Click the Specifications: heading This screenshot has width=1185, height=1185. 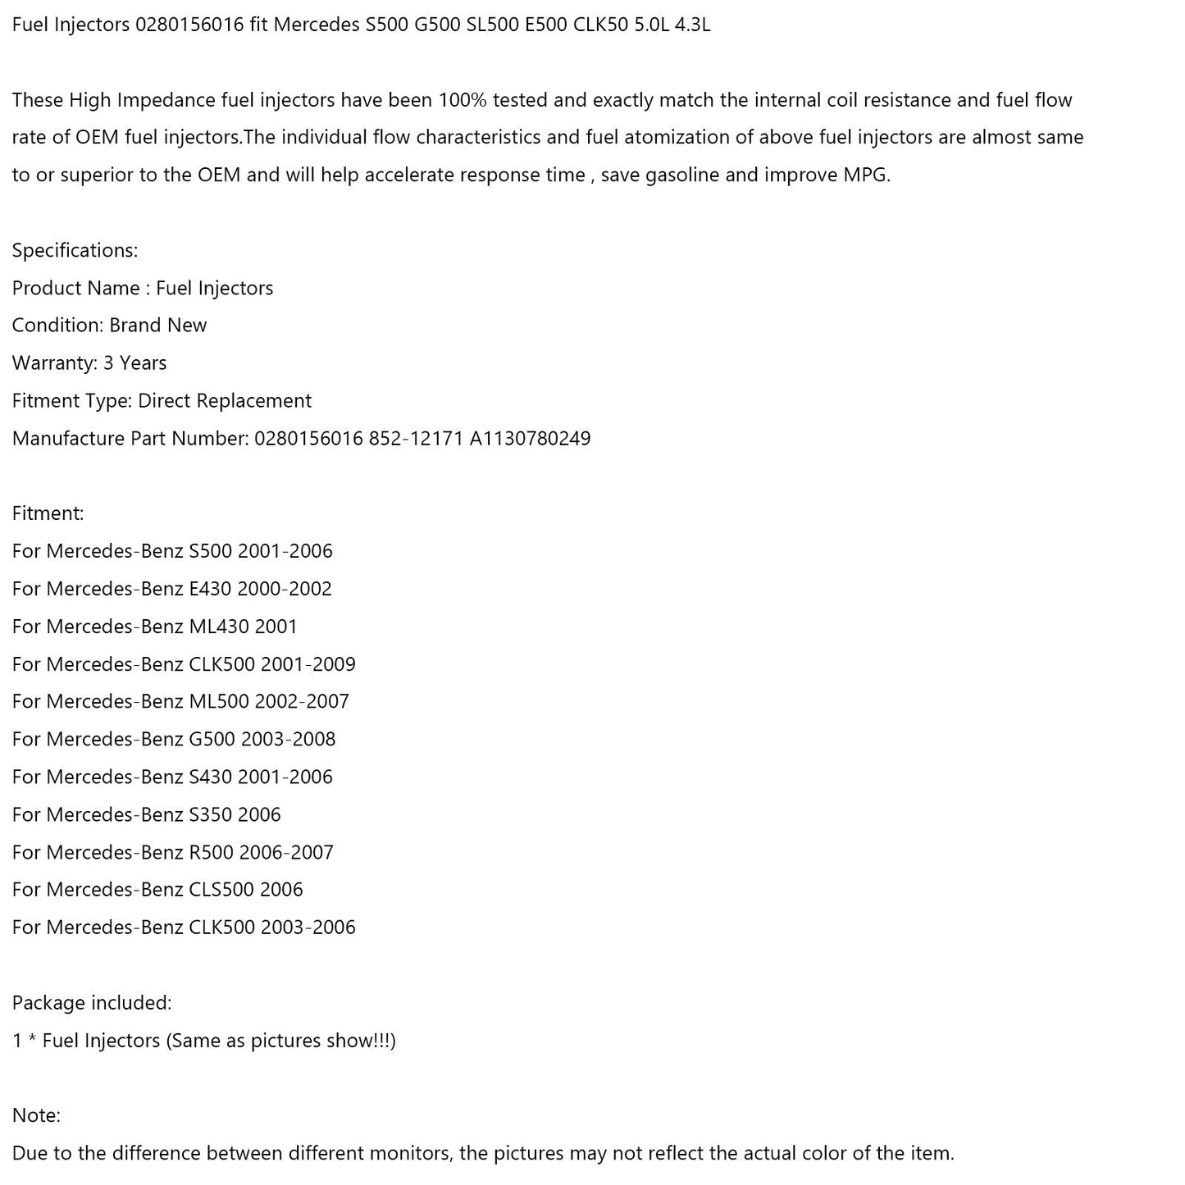pos(75,251)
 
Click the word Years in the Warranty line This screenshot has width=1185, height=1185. pos(144,363)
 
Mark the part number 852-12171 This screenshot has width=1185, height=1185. pos(416,439)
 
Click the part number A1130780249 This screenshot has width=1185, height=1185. pos(530,439)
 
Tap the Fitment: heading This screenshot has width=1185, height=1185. pos(48,514)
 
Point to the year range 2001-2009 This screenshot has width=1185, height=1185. pos(308,664)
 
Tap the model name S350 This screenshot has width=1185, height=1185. pos(210,815)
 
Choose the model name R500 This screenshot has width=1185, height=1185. pos(211,853)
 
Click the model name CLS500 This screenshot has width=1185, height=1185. pos(221,890)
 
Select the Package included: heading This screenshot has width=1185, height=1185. pos(92,1003)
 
